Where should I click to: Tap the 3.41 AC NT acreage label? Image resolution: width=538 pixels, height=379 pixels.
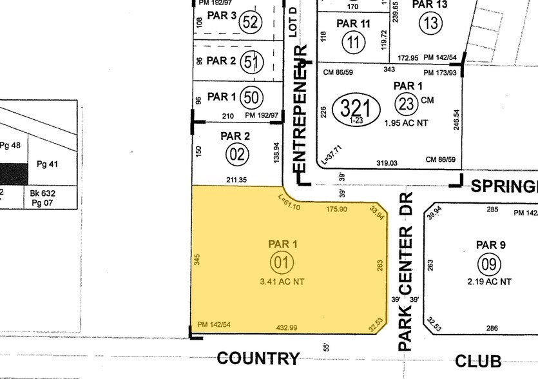click(x=282, y=280)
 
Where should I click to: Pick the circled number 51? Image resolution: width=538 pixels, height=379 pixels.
click(x=251, y=63)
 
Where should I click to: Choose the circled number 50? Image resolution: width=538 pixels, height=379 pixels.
click(x=251, y=98)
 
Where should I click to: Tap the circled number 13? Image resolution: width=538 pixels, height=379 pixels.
click(x=430, y=24)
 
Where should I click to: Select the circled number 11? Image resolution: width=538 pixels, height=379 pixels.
click(x=353, y=43)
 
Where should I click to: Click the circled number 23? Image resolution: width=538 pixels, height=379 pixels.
click(x=407, y=104)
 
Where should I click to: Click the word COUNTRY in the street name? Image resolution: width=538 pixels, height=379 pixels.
click(x=258, y=358)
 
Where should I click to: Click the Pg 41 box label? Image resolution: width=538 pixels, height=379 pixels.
click(x=47, y=164)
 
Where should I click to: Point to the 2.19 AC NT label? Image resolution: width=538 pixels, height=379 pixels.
click(x=488, y=282)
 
